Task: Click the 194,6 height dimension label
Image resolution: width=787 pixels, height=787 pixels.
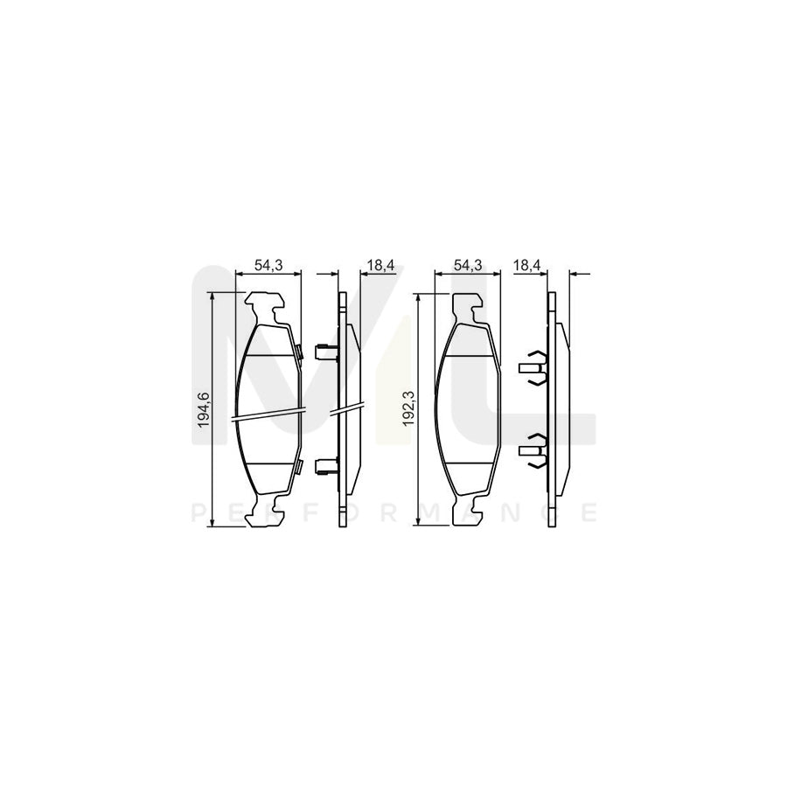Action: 203,409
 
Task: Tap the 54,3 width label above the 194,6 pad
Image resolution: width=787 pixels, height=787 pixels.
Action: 267,265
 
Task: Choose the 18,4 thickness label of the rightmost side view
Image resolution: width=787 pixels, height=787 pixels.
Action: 526,265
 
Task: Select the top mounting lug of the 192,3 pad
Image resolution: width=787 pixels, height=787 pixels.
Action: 467,306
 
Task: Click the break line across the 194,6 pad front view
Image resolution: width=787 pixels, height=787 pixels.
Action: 268,414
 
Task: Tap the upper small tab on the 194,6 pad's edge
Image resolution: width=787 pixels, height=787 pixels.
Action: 299,352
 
